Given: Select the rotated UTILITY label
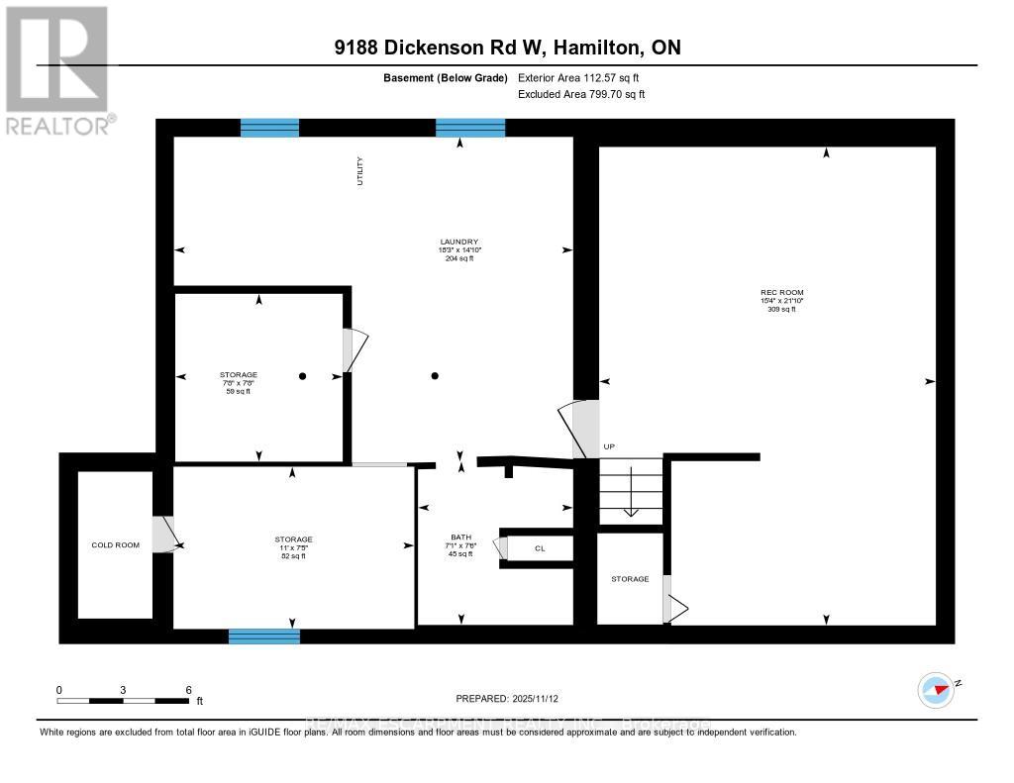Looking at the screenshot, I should (360, 171).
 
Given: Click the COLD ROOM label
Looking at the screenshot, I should (116, 545).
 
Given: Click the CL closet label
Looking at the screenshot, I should (540, 547).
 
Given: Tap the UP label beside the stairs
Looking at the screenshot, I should (609, 447).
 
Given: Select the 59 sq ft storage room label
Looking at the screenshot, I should (238, 382).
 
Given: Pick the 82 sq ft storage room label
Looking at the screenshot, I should (293, 547).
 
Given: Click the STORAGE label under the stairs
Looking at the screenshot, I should (630, 579).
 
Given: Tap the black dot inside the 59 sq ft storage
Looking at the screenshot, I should (303, 376).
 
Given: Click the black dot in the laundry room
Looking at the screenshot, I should (435, 375).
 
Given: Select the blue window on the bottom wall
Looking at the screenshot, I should (264, 636).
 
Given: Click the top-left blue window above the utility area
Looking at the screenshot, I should (269, 127).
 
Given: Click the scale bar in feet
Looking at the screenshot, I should (123, 700).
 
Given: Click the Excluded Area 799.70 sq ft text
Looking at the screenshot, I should (581, 94).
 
